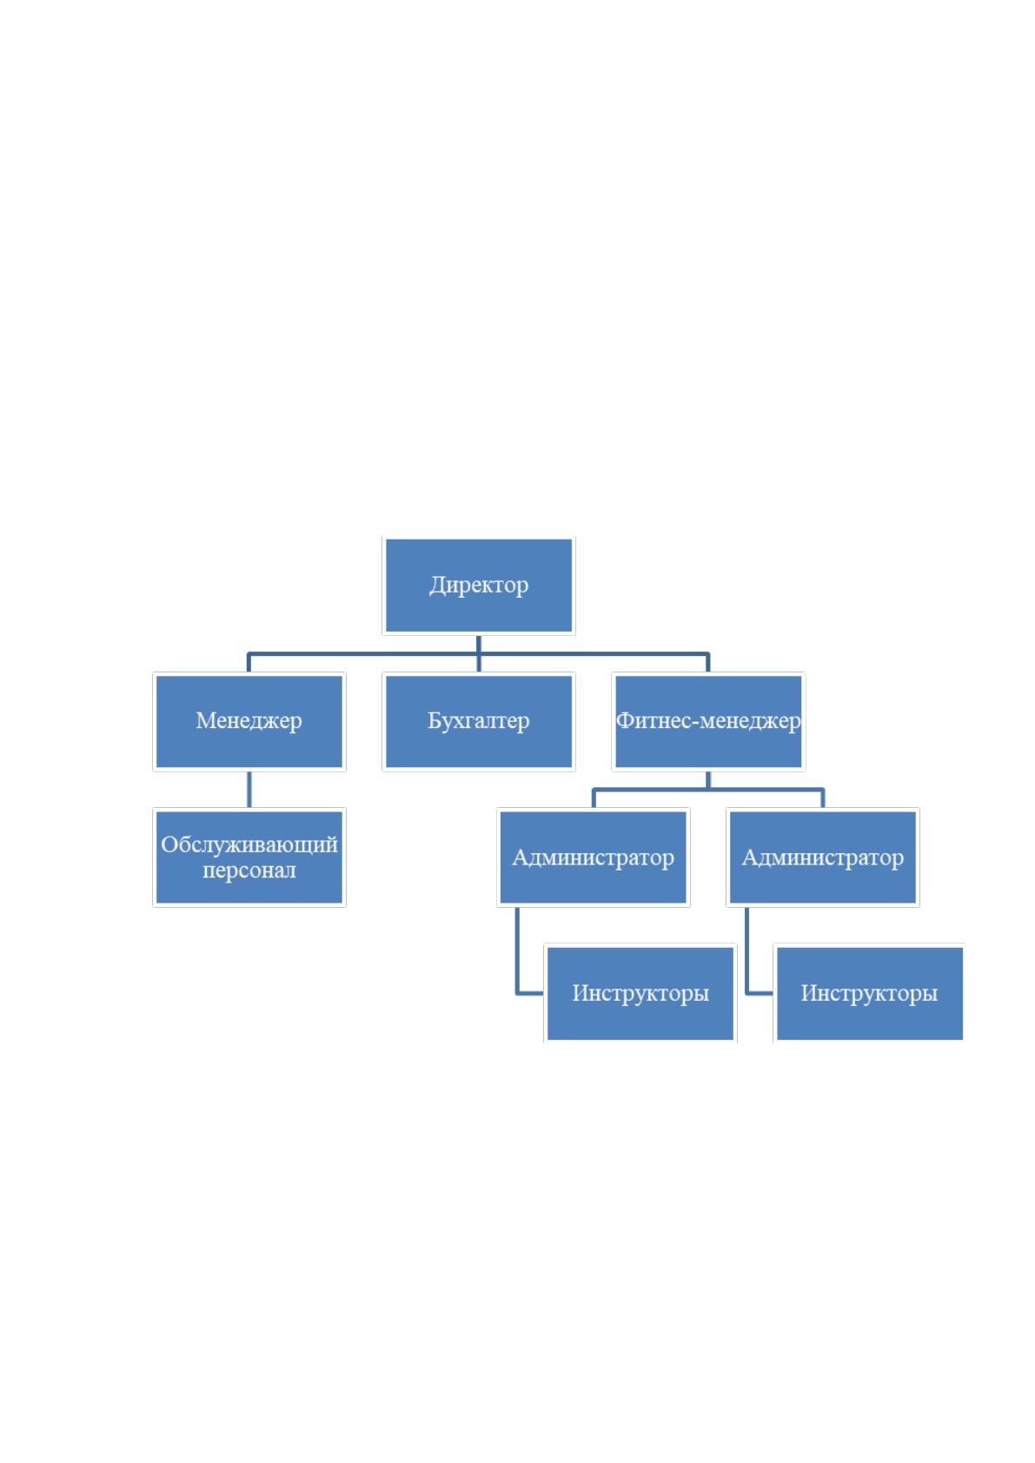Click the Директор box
(x=478, y=586)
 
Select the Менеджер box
(x=249, y=721)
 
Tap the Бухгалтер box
(x=478, y=721)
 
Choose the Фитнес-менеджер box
(x=708, y=721)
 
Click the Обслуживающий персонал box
(x=249, y=857)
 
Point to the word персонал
(x=249, y=870)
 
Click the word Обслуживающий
(x=249, y=844)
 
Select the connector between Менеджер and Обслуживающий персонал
(x=249, y=790)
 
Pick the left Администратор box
(x=594, y=857)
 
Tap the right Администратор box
(x=823, y=857)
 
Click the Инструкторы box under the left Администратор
(x=640, y=993)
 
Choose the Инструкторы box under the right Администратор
(x=869, y=993)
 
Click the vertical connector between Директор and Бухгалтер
(x=478, y=653)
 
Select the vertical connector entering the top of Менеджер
(x=249, y=663)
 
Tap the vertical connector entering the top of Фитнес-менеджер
(x=708, y=663)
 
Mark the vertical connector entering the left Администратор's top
(x=594, y=798)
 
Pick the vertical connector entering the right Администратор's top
(x=823, y=798)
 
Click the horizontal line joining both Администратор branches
(x=708, y=790)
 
